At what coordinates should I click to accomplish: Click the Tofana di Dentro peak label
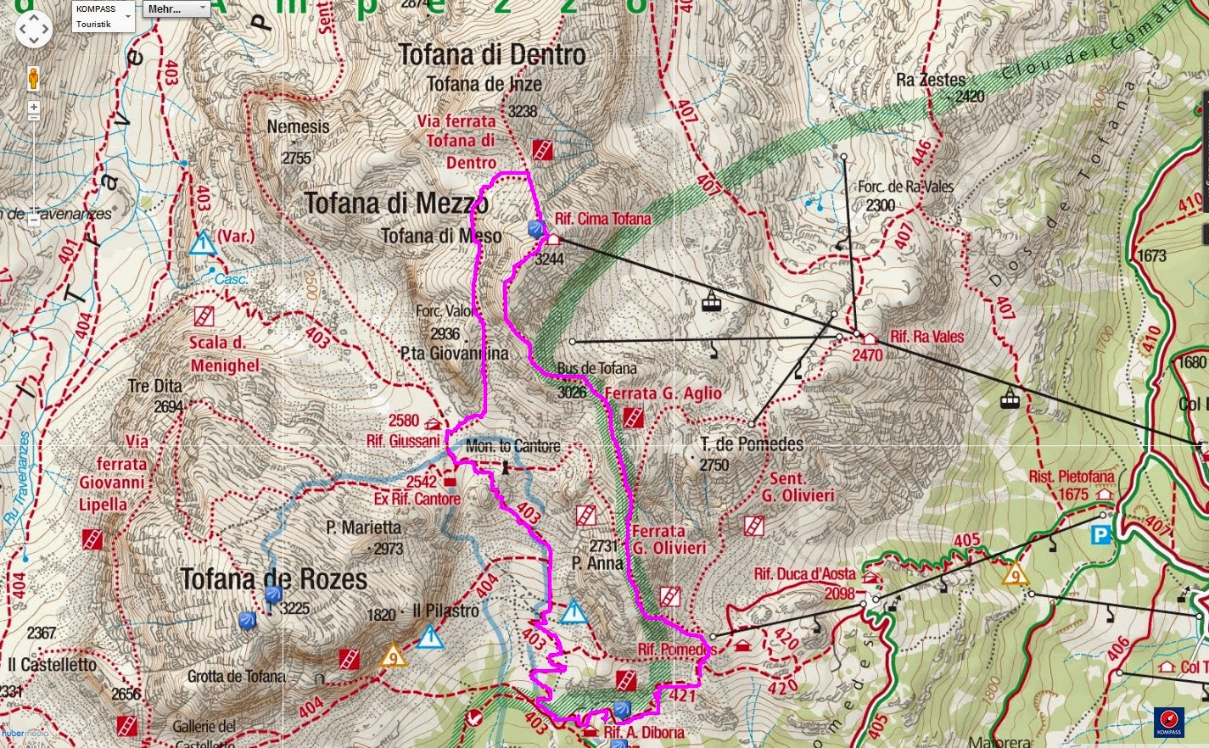point(492,55)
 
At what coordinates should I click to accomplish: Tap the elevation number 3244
point(549,260)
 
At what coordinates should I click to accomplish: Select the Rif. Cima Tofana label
point(602,219)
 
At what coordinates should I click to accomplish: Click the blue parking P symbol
point(1100,534)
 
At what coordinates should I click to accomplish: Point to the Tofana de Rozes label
point(274,580)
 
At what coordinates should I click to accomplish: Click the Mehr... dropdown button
point(176,9)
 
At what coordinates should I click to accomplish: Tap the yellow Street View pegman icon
point(34,78)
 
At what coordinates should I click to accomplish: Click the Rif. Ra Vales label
point(926,337)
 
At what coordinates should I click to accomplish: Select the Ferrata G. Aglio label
point(663,394)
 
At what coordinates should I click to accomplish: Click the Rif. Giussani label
point(403,441)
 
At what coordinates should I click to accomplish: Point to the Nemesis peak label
point(298,127)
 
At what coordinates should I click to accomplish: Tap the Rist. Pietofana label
point(1071,477)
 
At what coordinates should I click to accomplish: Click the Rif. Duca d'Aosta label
point(804,574)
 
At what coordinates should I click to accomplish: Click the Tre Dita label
point(155,387)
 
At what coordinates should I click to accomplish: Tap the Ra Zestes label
point(931,81)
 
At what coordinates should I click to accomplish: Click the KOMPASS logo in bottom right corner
point(1169,721)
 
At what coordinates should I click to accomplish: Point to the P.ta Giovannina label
point(455,354)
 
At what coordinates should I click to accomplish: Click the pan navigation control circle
point(33,30)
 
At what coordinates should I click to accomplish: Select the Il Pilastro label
point(445,611)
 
